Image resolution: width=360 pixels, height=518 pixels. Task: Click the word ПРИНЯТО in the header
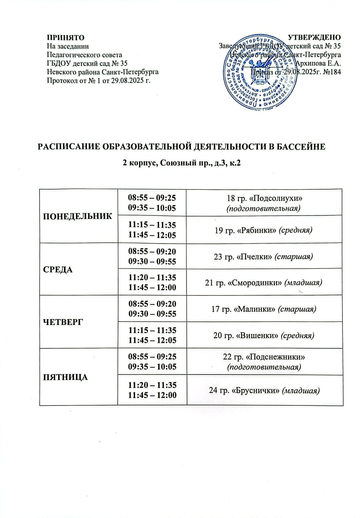click(65, 38)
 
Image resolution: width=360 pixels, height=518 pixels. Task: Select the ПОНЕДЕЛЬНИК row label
click(78, 216)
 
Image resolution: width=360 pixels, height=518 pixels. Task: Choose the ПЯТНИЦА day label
click(65, 377)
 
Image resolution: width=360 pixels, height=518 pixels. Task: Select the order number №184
click(331, 72)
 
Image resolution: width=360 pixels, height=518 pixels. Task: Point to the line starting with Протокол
click(99, 81)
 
